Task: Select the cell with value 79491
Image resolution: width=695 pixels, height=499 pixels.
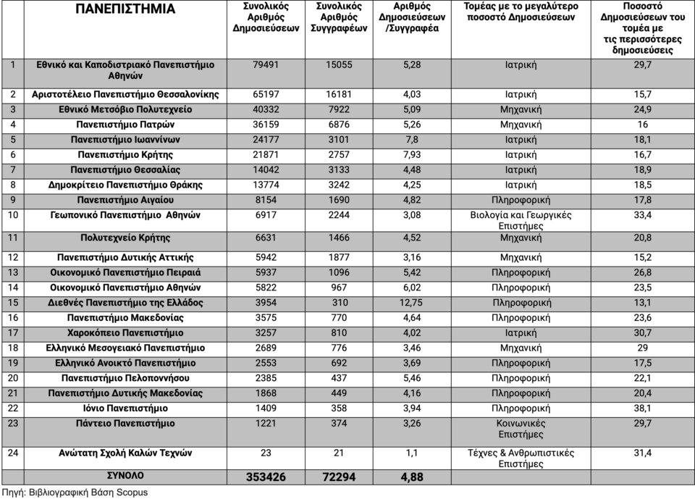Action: click(x=267, y=64)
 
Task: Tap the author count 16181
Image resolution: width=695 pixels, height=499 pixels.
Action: click(x=339, y=95)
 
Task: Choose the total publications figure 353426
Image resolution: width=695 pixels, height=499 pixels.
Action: click(x=266, y=477)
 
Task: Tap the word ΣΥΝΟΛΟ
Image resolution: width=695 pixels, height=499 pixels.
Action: click(x=125, y=476)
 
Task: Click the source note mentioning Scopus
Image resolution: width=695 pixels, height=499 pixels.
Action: click(x=75, y=492)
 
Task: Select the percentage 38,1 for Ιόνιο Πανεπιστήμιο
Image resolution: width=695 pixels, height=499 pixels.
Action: click(x=642, y=408)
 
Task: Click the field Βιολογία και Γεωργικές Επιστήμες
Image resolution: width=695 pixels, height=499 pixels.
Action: click(x=521, y=221)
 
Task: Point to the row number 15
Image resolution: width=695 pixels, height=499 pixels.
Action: click(x=14, y=303)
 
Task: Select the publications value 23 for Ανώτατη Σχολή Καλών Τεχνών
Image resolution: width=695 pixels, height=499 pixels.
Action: click(x=266, y=453)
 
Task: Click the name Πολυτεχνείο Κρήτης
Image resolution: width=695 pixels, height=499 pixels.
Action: click(x=125, y=238)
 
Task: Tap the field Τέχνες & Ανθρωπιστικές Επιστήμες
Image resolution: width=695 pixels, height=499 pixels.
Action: click(x=521, y=458)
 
